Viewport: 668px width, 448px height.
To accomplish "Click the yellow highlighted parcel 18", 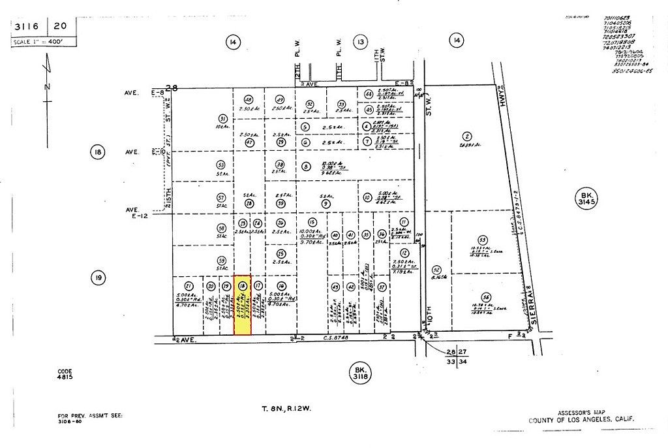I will (242, 305).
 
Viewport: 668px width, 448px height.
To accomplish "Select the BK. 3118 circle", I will (359, 373).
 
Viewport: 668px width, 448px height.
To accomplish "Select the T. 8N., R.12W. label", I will (282, 409).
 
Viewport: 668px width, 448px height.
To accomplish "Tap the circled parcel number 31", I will (222, 119).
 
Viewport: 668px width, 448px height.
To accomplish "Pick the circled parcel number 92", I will (437, 270).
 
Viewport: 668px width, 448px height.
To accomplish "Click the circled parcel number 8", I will (306, 167).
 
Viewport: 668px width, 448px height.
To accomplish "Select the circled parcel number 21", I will (189, 286).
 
